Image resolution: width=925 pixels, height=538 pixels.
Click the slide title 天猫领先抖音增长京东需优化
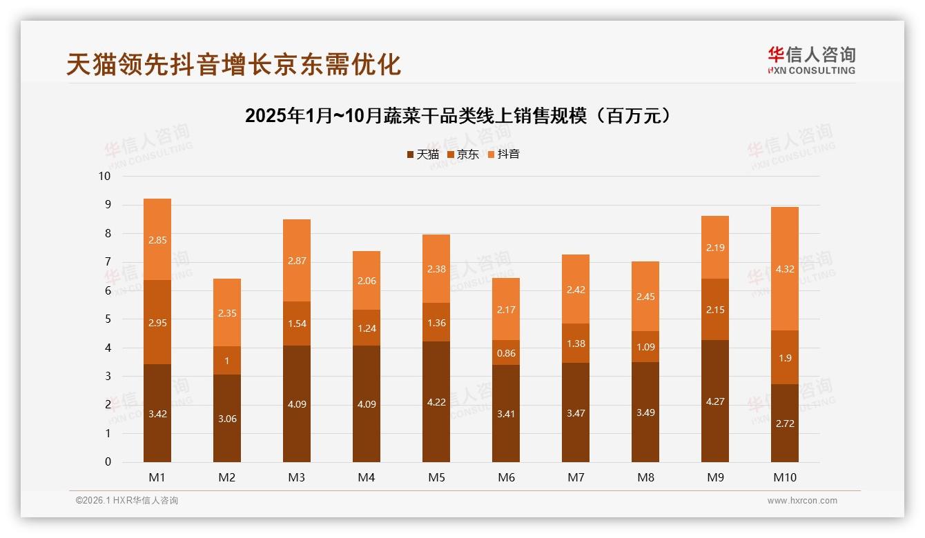(x=233, y=64)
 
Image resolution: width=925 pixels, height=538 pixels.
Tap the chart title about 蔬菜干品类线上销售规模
(x=458, y=116)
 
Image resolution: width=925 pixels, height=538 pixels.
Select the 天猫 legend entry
(x=423, y=155)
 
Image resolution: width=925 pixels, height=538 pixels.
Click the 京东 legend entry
(x=463, y=155)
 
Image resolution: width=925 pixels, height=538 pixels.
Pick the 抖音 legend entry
(x=504, y=155)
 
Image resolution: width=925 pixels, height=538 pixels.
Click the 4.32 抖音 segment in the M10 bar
(x=785, y=269)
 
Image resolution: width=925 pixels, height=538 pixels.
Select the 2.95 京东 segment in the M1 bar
(x=157, y=322)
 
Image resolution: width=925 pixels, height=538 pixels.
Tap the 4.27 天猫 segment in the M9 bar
(x=715, y=401)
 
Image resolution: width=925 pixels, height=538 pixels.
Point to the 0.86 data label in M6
(x=506, y=353)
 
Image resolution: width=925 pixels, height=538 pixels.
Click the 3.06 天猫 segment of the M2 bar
(x=227, y=418)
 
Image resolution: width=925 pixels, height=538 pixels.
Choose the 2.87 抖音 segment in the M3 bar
(x=297, y=261)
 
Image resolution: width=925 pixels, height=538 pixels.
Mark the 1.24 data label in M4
(x=367, y=328)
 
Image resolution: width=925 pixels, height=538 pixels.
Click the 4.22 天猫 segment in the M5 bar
(x=436, y=401)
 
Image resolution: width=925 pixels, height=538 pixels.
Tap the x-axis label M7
(x=576, y=477)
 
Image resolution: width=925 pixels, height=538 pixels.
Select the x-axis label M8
(x=645, y=477)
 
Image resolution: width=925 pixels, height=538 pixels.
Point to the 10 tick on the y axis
(x=104, y=176)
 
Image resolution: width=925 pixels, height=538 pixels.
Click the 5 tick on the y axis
(x=108, y=319)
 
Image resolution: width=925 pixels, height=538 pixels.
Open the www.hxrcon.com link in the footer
(x=802, y=501)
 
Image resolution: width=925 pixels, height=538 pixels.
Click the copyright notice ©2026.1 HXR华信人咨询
(x=127, y=501)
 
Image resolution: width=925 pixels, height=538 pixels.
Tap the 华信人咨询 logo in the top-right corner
(x=811, y=60)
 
